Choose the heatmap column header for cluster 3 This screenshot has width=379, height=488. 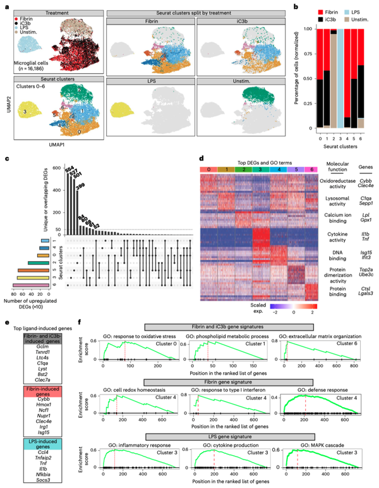[x=251, y=170]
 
